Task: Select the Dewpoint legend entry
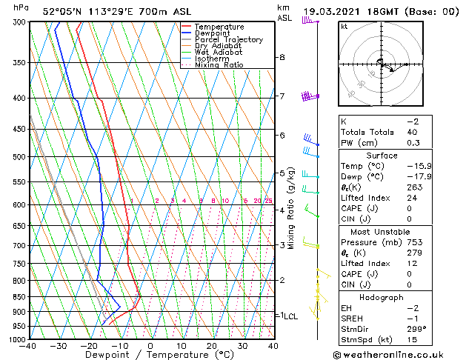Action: [x=212, y=33]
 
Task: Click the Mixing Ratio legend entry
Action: [x=219, y=65]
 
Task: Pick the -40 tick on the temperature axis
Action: [x=28, y=346]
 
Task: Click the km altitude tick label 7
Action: [x=282, y=96]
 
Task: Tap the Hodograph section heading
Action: [x=382, y=296]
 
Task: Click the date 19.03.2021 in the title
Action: [x=334, y=11]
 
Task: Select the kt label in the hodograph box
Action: [x=344, y=26]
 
